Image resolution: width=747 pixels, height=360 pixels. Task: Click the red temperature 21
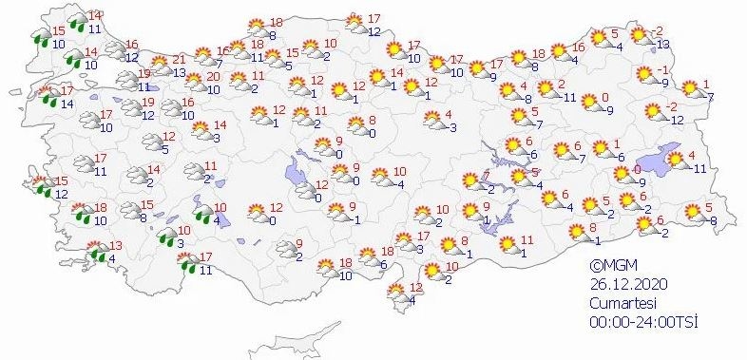pos(178,59)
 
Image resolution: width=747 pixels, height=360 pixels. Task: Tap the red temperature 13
pos(116,246)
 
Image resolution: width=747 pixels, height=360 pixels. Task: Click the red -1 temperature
pos(666,71)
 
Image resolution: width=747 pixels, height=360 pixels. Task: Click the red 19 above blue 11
pos(144,75)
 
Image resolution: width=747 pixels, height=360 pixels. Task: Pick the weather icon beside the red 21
pos(158,66)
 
